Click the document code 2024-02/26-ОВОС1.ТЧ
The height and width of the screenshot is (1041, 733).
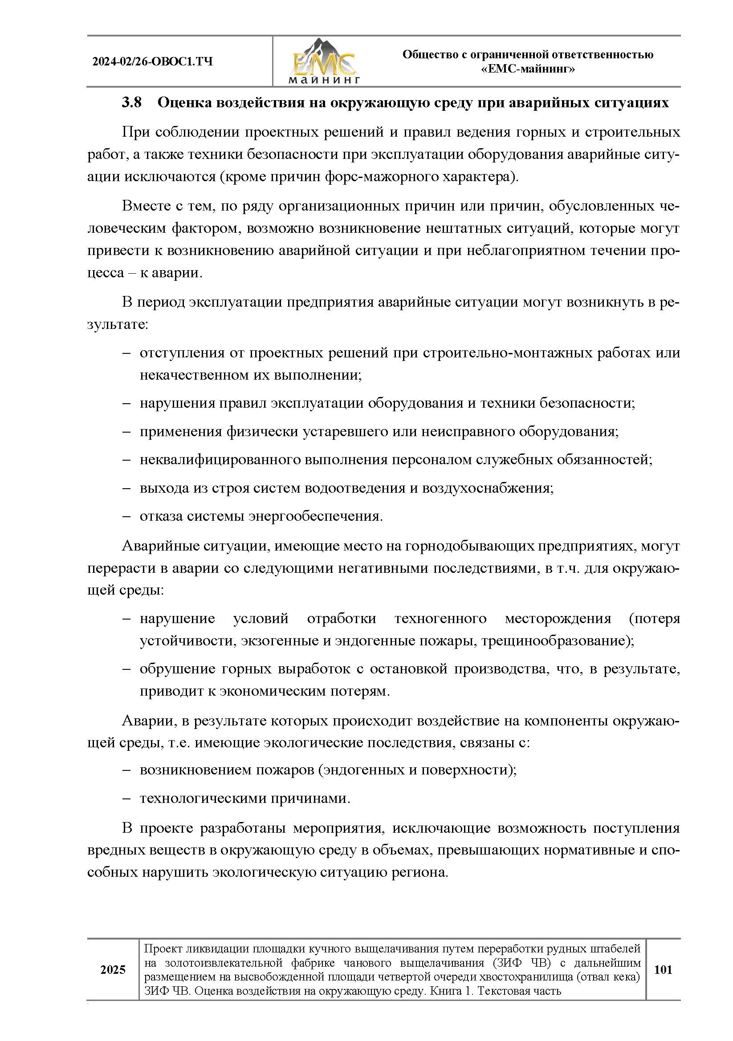[x=152, y=61]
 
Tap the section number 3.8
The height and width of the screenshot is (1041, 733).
[x=131, y=103]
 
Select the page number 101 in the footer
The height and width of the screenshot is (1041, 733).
[x=663, y=969]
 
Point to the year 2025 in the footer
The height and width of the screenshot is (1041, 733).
[x=113, y=969]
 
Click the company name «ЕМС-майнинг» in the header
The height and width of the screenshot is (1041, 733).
[x=528, y=69]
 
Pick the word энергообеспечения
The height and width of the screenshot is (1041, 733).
[x=315, y=516]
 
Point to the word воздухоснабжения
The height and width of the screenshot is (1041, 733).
[x=488, y=488]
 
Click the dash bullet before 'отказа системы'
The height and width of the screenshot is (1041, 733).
[x=126, y=516]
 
